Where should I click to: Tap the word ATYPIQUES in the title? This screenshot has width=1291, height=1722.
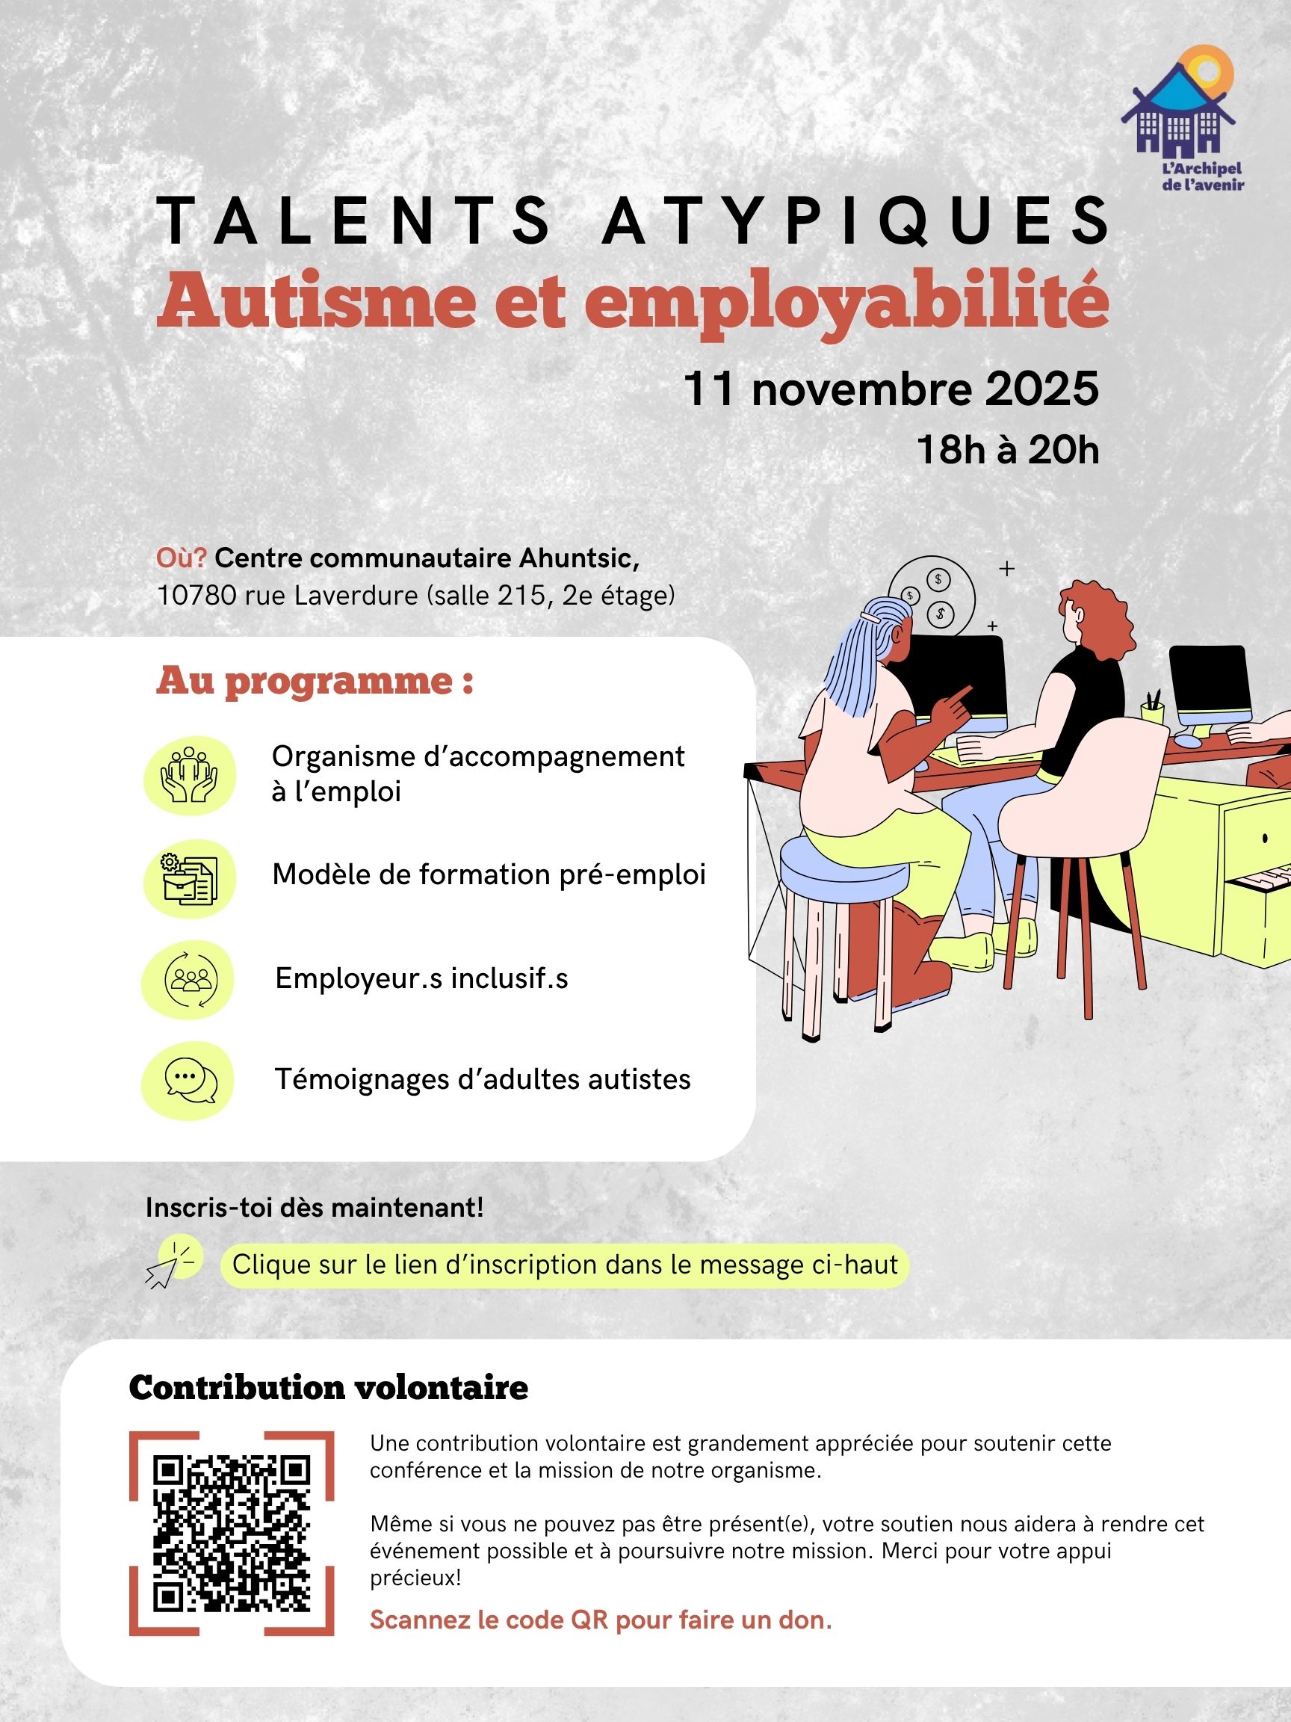point(856,220)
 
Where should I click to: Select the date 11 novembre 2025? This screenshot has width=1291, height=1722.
point(891,389)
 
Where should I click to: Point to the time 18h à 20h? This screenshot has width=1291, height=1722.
point(1008,451)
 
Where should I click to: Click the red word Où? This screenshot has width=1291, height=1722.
point(182,558)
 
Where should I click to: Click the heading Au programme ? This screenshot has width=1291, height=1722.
point(315,681)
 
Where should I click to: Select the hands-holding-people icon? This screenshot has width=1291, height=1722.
point(188,775)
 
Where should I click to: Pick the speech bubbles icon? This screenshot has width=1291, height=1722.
point(188,1081)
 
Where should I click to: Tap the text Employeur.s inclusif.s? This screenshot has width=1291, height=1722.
point(421,978)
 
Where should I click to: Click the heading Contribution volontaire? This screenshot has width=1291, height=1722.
point(329,1387)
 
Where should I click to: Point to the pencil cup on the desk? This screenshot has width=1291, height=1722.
point(1152,709)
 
